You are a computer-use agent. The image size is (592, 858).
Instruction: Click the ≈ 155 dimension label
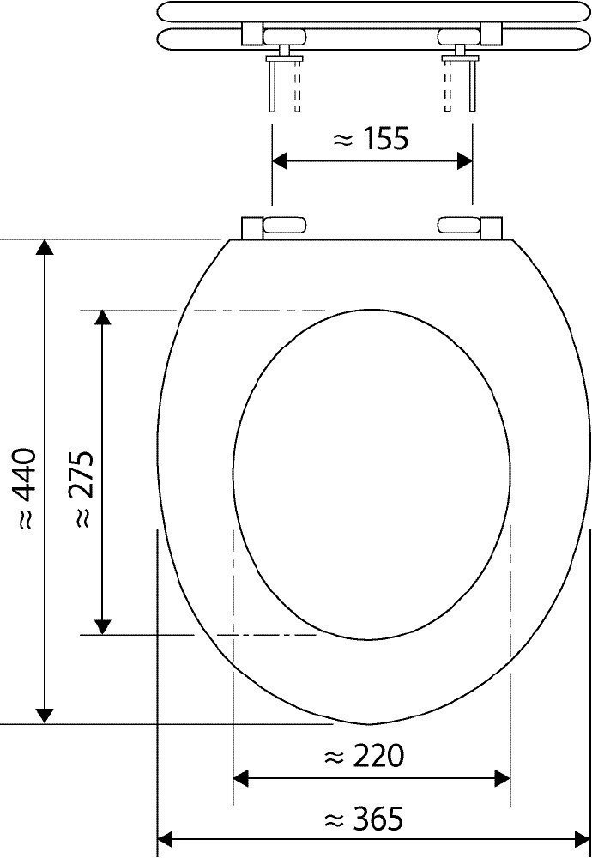tap(371, 140)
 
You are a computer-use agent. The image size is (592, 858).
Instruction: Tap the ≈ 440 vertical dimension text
tap(25, 488)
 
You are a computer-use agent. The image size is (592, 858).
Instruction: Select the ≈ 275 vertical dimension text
tap(83, 489)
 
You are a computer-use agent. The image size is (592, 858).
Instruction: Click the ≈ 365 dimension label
tap(363, 819)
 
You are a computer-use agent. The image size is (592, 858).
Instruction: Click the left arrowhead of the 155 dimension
tap(280, 161)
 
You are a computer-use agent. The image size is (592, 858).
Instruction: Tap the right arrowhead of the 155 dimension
tap(465, 161)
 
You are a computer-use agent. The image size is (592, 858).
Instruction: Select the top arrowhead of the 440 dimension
tap(45, 247)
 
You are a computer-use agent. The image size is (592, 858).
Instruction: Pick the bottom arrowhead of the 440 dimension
tap(45, 716)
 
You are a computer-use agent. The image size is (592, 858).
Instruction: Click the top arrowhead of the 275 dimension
tap(103, 318)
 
